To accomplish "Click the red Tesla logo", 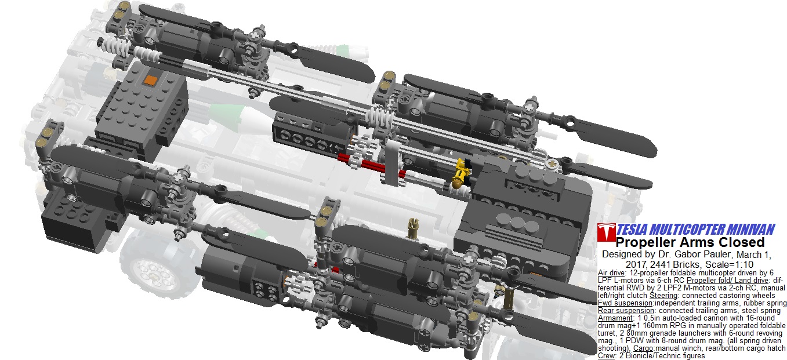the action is pyautogui.click(x=607, y=232).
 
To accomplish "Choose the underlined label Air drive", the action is pyautogui.click(x=611, y=272).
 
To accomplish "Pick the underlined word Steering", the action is pyautogui.click(x=663, y=296).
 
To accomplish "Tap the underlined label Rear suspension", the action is pyautogui.click(x=626, y=311).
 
